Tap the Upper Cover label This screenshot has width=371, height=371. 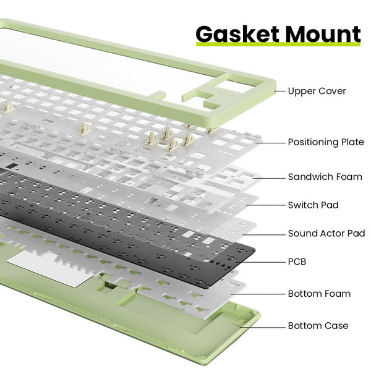click(317, 91)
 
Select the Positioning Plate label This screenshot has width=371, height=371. click(326, 142)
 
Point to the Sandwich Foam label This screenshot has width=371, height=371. click(325, 177)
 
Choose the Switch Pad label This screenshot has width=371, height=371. click(313, 205)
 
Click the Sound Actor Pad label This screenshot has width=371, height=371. click(326, 234)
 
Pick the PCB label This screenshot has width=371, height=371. click(297, 262)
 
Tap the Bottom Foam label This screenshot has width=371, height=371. click(319, 294)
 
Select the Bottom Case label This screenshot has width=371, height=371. click(318, 326)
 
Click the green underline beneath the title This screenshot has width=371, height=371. click(278, 45)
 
